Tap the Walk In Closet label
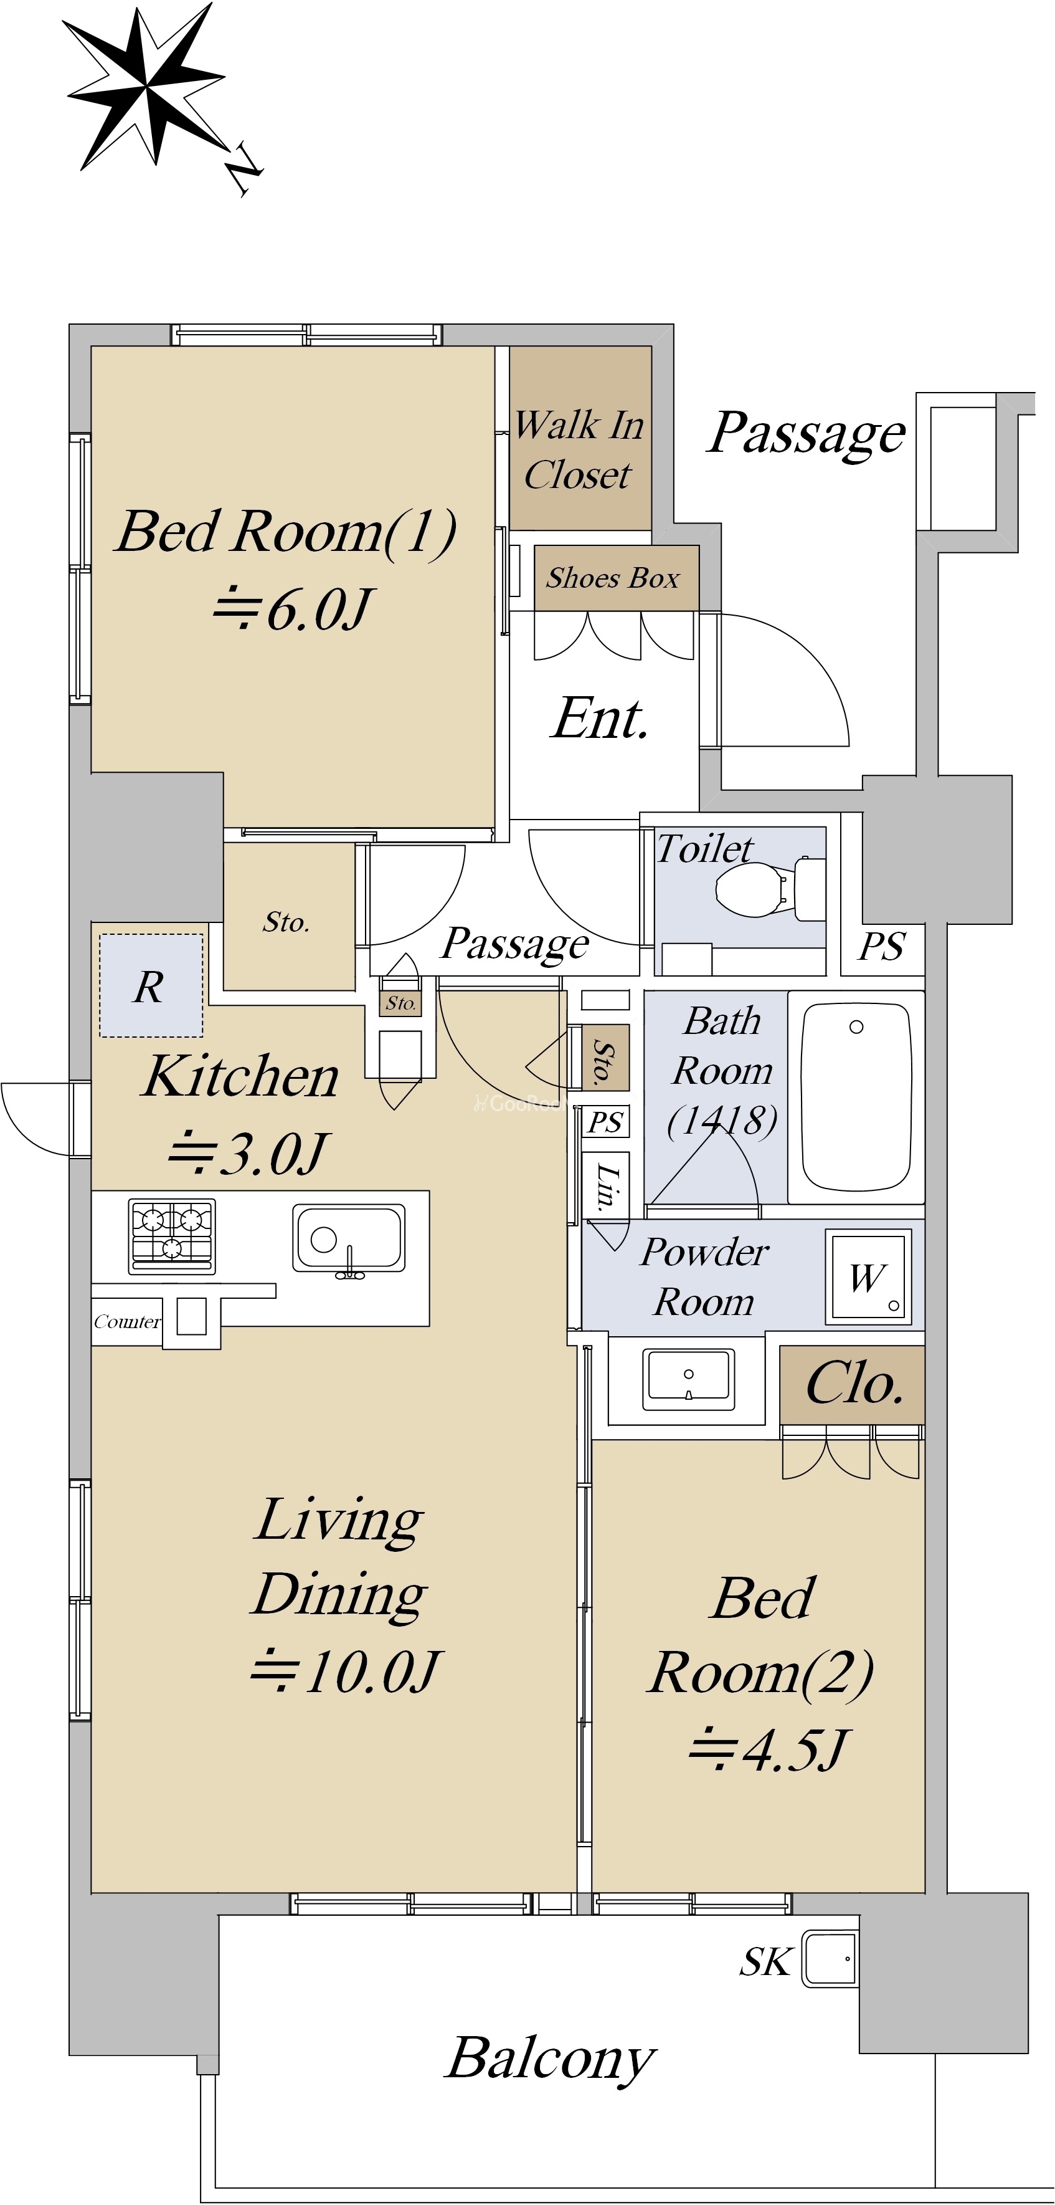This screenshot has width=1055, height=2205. (x=579, y=449)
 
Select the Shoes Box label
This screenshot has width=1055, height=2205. (x=613, y=578)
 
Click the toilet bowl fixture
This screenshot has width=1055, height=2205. (x=769, y=887)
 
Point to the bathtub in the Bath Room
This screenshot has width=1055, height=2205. (x=856, y=1096)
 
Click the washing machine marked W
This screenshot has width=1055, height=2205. (x=868, y=1278)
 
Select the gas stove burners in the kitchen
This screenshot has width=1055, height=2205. (x=172, y=1236)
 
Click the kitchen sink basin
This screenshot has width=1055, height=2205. (x=349, y=1240)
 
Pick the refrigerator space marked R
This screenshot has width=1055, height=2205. (x=151, y=985)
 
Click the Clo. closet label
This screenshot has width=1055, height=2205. (x=854, y=1383)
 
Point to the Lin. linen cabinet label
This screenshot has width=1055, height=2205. (x=606, y=1187)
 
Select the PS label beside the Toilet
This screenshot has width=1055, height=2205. (x=881, y=947)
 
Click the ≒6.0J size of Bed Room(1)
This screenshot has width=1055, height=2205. (x=293, y=610)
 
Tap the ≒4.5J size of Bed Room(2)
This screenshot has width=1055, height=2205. (x=767, y=1749)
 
